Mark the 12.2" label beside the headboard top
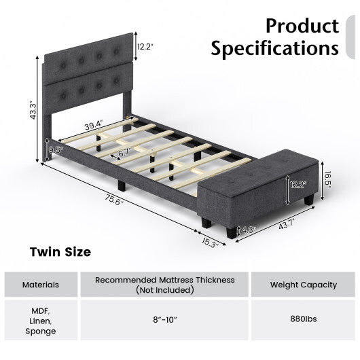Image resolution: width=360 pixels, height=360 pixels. coord(145,47)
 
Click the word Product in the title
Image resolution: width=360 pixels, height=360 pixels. coord(302,26)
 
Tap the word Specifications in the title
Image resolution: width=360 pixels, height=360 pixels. coord(274,49)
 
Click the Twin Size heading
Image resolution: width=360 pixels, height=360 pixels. coord(60,252)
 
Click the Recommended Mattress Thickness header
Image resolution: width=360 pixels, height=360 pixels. coord(164,284)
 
